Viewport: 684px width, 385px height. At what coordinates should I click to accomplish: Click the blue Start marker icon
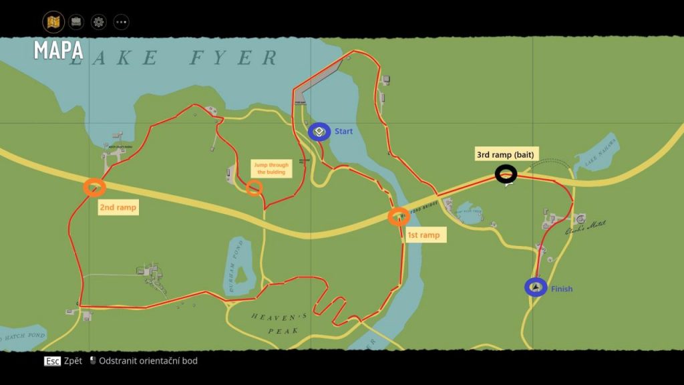point(319,132)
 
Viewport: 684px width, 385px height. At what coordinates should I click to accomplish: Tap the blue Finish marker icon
point(536,287)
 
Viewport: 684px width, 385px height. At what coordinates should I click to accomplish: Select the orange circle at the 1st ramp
point(399,217)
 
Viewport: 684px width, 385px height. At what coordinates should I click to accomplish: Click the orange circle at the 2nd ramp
point(94,187)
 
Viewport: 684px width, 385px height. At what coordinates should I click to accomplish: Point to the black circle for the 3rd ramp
point(506,174)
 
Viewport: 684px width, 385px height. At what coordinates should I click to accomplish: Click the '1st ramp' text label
point(423,235)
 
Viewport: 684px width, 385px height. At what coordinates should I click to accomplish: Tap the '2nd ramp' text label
point(118,207)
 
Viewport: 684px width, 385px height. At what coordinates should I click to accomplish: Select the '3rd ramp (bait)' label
point(506,154)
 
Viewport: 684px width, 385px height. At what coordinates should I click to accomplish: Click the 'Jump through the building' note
point(271,168)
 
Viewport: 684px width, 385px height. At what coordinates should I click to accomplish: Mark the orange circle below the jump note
point(253,188)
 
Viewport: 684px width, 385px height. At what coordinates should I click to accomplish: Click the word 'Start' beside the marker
point(343,132)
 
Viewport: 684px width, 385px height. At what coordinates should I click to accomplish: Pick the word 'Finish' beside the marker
point(562,289)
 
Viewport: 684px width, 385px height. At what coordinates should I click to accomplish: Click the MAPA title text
point(59,50)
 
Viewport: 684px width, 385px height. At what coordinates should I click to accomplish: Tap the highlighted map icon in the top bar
point(53,22)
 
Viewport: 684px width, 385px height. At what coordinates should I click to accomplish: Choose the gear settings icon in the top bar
point(99,22)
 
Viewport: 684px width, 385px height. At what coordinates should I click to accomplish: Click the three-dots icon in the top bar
point(121,22)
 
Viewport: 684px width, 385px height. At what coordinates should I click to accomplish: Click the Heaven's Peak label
point(279,323)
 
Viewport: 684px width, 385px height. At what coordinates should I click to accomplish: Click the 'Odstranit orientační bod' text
point(148,361)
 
